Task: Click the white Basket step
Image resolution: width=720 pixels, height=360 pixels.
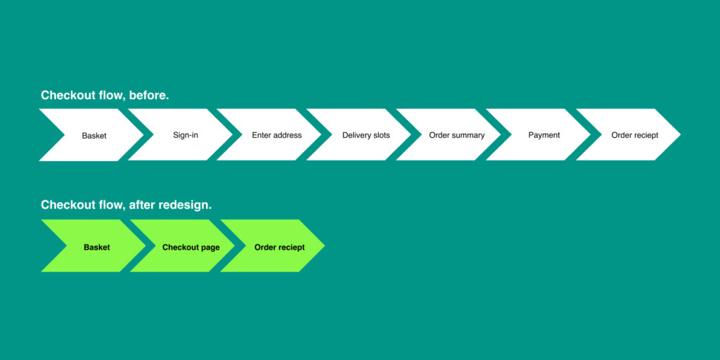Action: click(x=94, y=135)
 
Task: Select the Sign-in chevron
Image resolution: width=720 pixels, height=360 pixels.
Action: click(x=186, y=135)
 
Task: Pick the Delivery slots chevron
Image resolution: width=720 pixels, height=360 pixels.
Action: click(x=366, y=135)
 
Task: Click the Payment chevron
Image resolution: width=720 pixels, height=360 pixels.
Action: click(x=544, y=135)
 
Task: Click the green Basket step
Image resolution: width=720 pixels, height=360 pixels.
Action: click(x=97, y=247)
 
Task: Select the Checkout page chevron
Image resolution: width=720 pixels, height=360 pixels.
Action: click(x=191, y=247)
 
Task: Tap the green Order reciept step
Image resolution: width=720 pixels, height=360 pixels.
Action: click(x=279, y=247)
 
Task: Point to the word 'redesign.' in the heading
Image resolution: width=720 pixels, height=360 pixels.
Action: click(x=185, y=205)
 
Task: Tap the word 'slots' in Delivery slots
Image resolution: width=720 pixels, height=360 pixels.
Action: click(x=380, y=135)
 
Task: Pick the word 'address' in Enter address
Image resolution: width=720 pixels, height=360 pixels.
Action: click(x=288, y=135)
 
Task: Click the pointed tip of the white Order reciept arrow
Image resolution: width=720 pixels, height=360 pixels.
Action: click(x=680, y=134)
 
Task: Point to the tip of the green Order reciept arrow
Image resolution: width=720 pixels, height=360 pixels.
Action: click(x=324, y=245)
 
